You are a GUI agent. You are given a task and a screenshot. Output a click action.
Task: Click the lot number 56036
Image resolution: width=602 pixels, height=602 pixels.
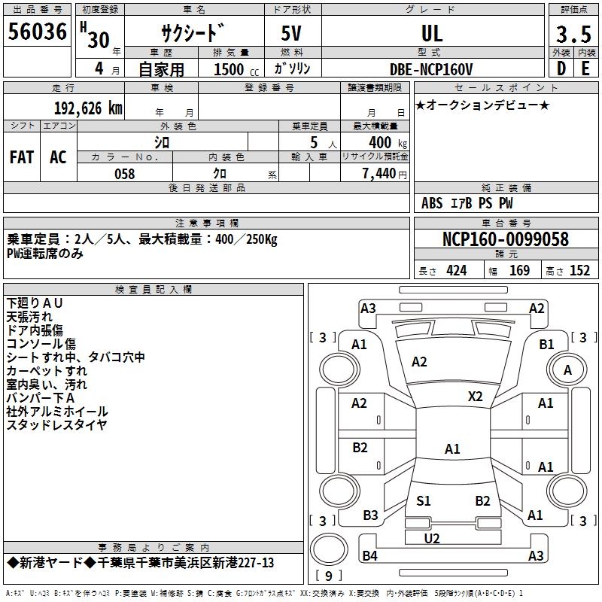[x=38, y=32]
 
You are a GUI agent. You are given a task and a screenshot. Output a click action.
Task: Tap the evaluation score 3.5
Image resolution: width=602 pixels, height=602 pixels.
[x=573, y=35]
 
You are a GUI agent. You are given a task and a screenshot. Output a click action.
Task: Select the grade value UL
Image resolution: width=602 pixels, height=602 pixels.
[x=432, y=33]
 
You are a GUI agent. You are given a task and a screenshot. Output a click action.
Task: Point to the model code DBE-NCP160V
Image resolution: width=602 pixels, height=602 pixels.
[x=431, y=69]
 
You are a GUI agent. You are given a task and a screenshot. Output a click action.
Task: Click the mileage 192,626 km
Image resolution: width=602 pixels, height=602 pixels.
[x=88, y=108]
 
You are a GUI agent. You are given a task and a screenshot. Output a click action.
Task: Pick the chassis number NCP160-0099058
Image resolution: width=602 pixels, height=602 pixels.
[x=506, y=239]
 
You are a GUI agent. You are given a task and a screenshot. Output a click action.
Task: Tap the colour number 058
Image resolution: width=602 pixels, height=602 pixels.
[x=124, y=174]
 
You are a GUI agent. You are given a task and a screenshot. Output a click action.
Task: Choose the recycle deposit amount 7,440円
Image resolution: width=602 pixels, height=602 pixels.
[x=384, y=174]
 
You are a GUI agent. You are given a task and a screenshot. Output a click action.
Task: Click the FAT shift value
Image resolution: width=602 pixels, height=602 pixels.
[x=21, y=157]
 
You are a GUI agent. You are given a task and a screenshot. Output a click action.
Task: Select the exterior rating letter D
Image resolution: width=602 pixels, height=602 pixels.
[x=561, y=69]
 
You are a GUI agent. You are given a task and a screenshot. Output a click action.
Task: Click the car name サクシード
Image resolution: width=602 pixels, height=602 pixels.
[x=193, y=34]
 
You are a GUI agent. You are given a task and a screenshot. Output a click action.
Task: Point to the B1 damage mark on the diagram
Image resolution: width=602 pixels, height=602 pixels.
[x=546, y=344]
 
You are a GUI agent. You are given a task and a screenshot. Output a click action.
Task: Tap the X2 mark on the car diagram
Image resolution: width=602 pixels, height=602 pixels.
[x=475, y=396]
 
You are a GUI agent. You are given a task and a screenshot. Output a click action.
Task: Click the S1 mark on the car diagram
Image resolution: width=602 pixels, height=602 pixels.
[x=424, y=500]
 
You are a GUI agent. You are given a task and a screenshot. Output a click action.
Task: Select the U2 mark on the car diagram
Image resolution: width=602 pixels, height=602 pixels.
[x=432, y=538]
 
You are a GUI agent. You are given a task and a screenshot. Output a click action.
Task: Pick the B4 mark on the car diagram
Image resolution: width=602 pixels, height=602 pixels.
[x=369, y=556]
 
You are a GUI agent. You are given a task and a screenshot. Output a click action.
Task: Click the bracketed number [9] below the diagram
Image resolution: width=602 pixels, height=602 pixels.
[x=328, y=576]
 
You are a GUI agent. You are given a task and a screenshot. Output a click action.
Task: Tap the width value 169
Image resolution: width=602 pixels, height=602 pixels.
[x=519, y=271]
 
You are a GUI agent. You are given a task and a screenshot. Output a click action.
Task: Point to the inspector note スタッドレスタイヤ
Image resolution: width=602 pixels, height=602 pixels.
[x=56, y=425]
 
